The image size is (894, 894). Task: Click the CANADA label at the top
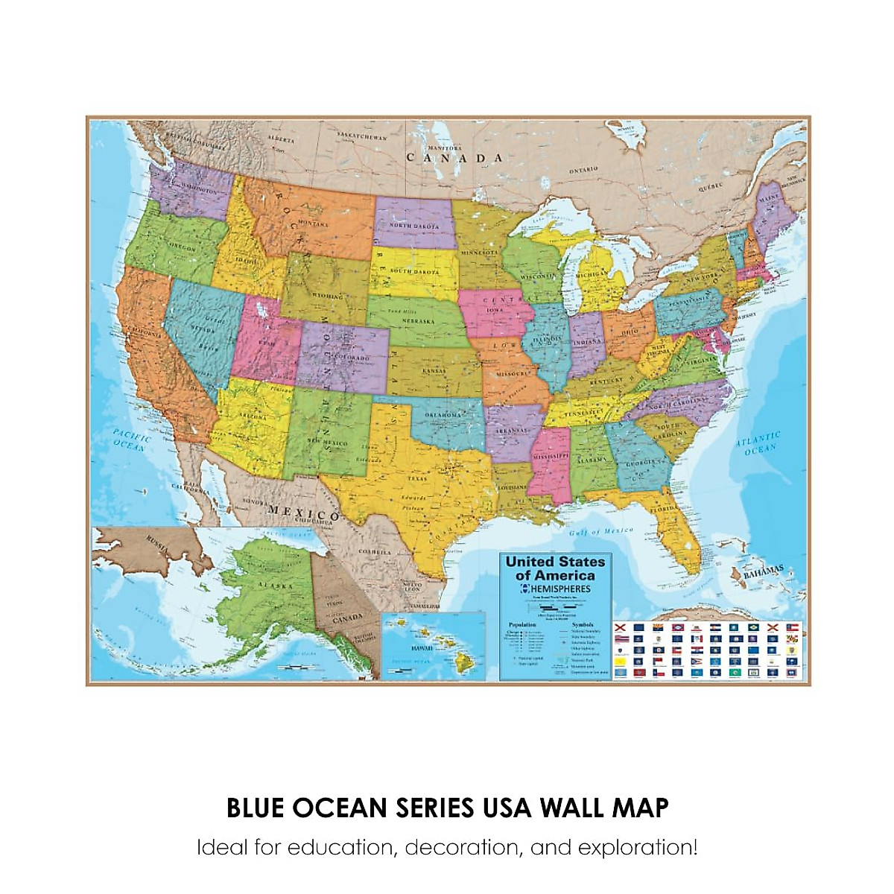coord(454,158)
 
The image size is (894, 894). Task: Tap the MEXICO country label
coord(304,513)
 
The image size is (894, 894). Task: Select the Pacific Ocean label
coord(131,440)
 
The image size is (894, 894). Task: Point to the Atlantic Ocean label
coord(759,443)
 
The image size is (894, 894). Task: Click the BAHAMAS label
coord(764,572)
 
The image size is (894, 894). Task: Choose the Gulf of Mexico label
coord(601,531)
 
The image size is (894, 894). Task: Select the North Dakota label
coord(414,225)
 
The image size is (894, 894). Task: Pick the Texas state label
coord(417,478)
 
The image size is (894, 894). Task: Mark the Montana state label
coord(313,223)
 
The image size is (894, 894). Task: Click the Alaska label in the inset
coord(276,586)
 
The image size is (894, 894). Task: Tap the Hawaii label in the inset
coord(422,648)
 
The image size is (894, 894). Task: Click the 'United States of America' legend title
coord(555,568)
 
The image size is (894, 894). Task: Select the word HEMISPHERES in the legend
coord(560,589)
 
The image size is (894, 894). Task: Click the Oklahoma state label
coord(443,414)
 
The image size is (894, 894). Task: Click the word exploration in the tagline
coord(638,847)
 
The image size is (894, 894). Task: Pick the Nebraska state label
coord(418,321)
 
